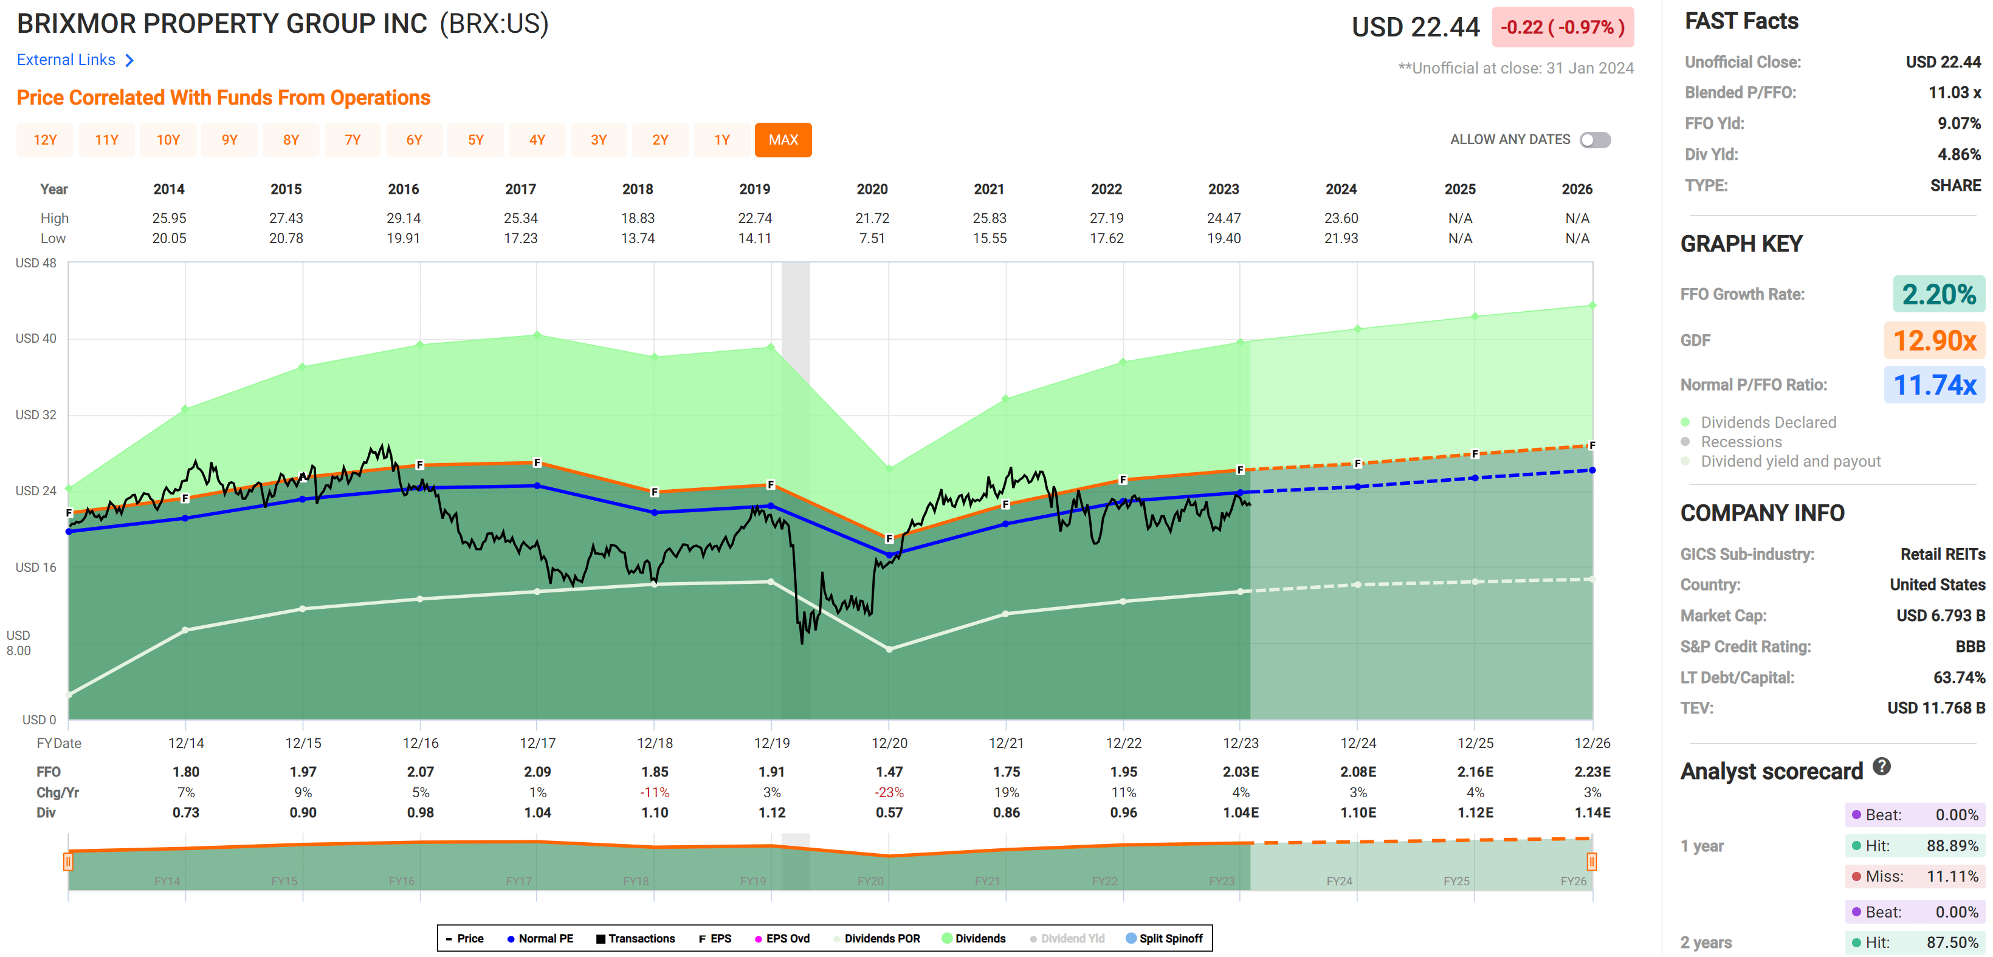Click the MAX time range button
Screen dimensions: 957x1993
click(x=782, y=140)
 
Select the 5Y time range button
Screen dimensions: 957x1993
click(x=475, y=140)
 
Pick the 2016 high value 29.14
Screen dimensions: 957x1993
click(x=403, y=218)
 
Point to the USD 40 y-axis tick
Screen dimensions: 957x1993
click(x=36, y=338)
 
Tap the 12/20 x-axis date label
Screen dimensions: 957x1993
click(x=889, y=743)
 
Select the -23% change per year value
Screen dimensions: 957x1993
click(x=889, y=792)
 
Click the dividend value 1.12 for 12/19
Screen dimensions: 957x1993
click(x=771, y=812)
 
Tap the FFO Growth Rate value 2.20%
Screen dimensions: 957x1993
click(x=1938, y=294)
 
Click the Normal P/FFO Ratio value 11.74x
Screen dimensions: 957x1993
click(x=1933, y=385)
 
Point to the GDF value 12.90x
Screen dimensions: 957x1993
click(x=1933, y=340)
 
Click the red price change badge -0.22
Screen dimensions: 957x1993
click(x=1562, y=27)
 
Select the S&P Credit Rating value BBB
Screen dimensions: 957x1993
click(x=1970, y=646)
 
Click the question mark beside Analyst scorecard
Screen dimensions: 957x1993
click(x=1882, y=767)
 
